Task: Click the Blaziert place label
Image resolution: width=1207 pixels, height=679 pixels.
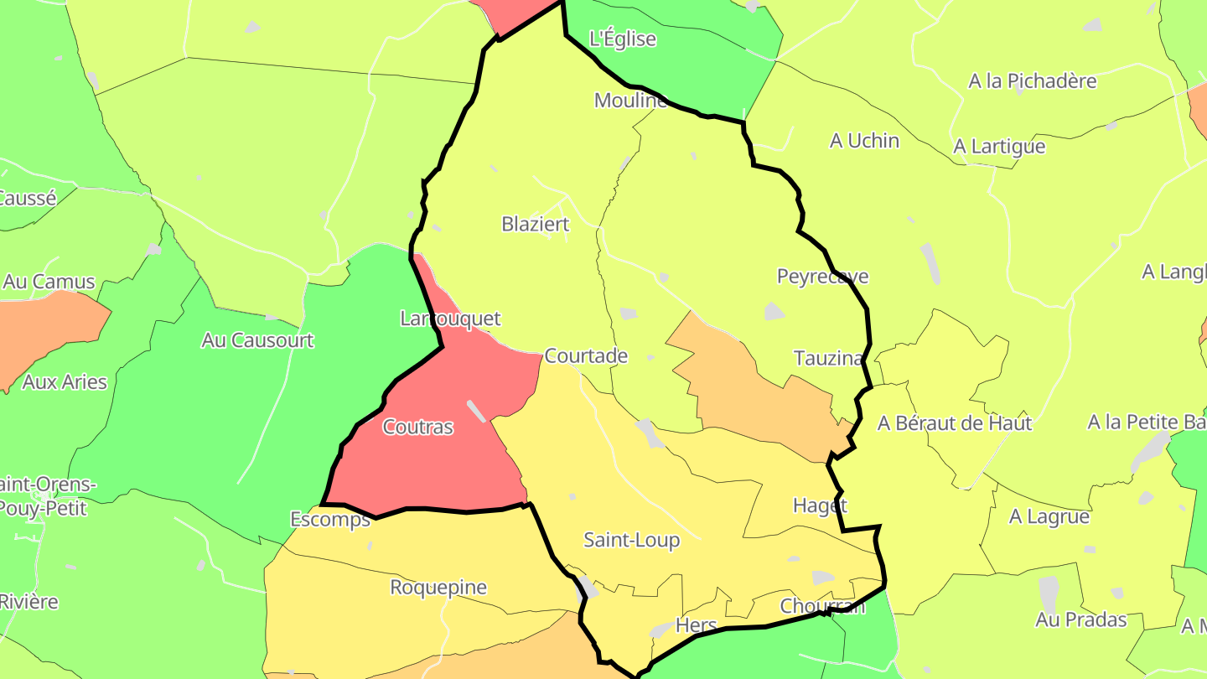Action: pyautogui.click(x=535, y=224)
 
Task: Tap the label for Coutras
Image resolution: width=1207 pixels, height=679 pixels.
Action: pyautogui.click(x=417, y=427)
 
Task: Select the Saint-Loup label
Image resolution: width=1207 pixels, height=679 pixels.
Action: pyautogui.click(x=631, y=540)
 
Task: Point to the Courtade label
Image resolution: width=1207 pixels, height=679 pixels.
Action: pyautogui.click(x=586, y=355)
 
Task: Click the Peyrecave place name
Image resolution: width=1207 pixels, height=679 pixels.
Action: pyautogui.click(x=822, y=277)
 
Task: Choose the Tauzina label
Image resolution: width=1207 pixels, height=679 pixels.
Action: pyautogui.click(x=828, y=358)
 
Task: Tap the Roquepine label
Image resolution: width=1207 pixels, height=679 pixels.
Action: pyautogui.click(x=438, y=587)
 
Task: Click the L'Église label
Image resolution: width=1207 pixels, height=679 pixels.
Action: pyautogui.click(x=623, y=39)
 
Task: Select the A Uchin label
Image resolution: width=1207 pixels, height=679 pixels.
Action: pyautogui.click(x=864, y=141)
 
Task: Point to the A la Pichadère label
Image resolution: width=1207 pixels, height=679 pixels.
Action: pyautogui.click(x=1033, y=81)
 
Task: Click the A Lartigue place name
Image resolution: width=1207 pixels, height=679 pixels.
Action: pyautogui.click(x=999, y=147)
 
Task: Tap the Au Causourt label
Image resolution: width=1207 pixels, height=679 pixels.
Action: pyautogui.click(x=257, y=339)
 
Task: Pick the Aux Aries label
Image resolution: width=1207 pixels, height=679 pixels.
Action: pyautogui.click(x=65, y=381)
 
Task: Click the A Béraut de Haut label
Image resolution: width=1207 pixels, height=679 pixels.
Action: pyautogui.click(x=954, y=423)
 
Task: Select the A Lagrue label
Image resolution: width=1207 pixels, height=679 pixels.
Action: pyautogui.click(x=1049, y=516)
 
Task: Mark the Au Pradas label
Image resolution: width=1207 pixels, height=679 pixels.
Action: pyautogui.click(x=1080, y=619)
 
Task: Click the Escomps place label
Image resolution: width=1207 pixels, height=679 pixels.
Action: pyautogui.click(x=330, y=520)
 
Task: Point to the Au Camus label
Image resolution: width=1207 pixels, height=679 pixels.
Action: pyautogui.click(x=49, y=282)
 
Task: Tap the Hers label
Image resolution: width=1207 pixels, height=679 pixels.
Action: pyautogui.click(x=696, y=625)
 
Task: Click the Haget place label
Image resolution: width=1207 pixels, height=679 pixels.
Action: pyautogui.click(x=820, y=505)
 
